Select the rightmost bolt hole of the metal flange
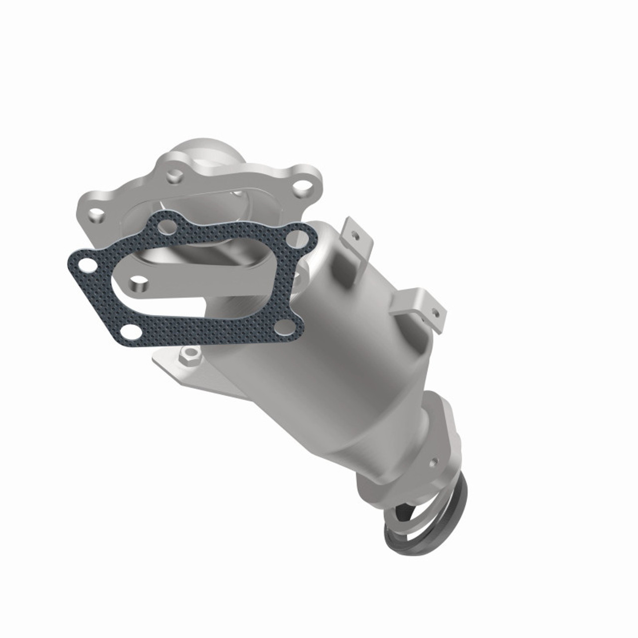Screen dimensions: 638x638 click(x=301, y=187)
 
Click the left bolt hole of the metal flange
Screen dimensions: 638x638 click(x=96, y=215)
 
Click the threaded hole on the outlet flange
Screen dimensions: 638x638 click(x=437, y=461)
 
